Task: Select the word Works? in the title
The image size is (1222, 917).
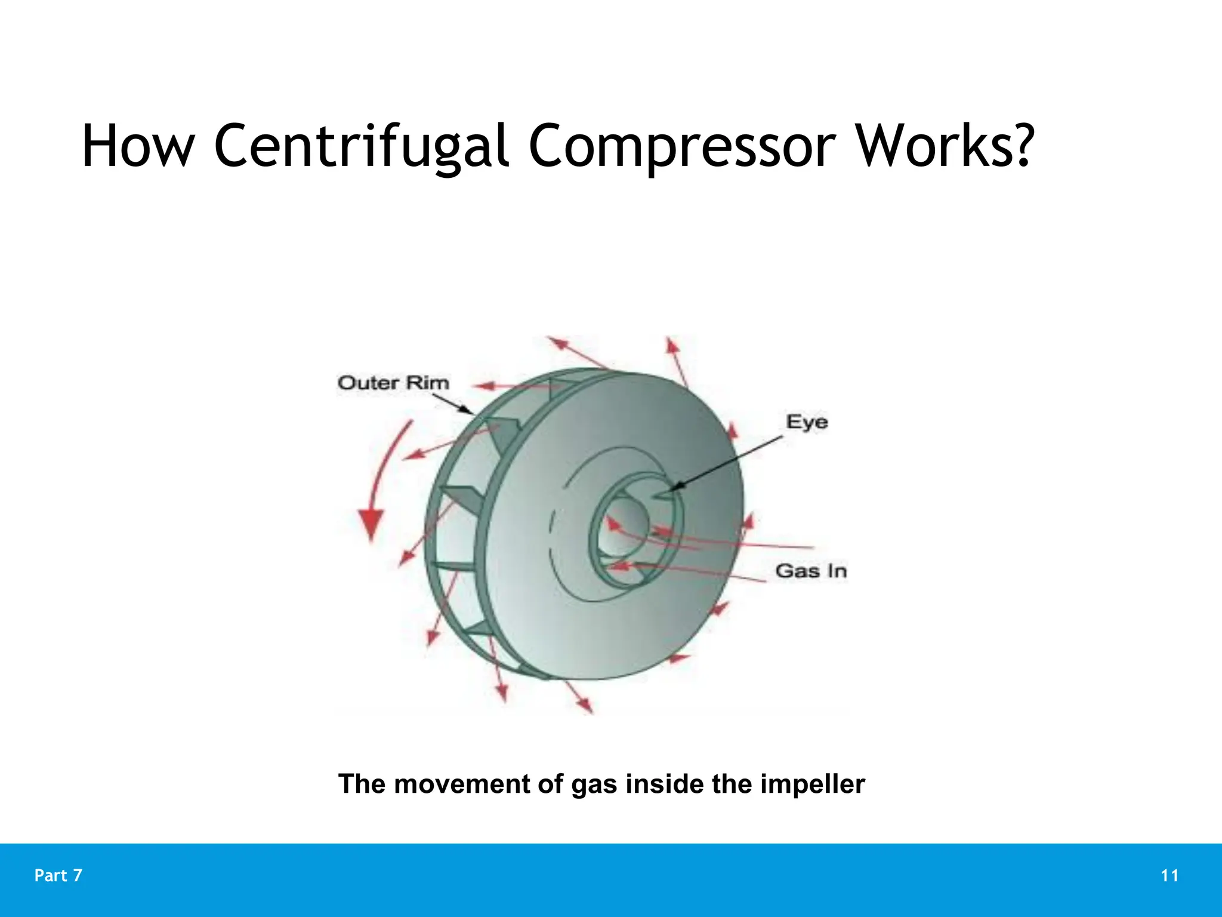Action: coord(945,146)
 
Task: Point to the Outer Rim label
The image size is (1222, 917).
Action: coord(393,383)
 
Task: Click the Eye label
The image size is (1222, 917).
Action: coord(807,422)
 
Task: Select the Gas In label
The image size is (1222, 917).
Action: coord(811,571)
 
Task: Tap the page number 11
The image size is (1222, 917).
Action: coord(1169,876)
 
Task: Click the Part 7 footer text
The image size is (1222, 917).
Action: coord(58,876)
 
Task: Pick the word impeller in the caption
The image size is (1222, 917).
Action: coord(812,784)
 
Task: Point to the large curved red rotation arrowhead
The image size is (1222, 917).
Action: coord(371,524)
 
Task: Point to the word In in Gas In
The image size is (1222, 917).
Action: coord(837,571)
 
